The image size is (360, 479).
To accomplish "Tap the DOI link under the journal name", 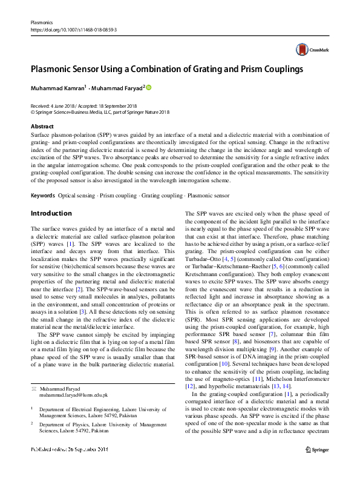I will pyautogui.click(x=73, y=28).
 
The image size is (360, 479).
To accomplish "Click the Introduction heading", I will pyautogui.click(x=51, y=213).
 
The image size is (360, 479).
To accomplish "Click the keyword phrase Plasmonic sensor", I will pyautogui.click(x=209, y=196).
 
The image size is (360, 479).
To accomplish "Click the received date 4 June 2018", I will pyautogui.click(x=65, y=105).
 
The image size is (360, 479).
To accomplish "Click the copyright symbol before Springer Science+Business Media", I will pyautogui.click(x=33, y=111).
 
